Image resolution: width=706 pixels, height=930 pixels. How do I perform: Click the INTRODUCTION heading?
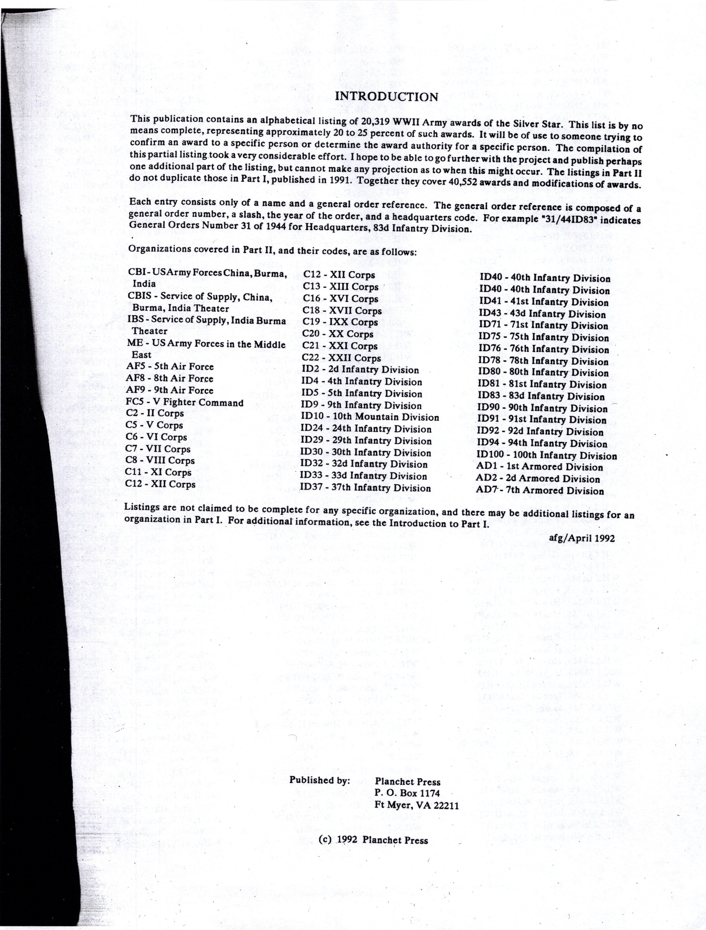pyautogui.click(x=386, y=97)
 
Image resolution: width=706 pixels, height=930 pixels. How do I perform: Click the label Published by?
pyautogui.click(x=319, y=780)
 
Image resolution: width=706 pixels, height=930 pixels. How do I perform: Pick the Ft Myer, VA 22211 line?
pyautogui.click(x=416, y=806)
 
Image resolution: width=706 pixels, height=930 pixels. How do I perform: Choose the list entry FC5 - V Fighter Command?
pyautogui.click(x=184, y=402)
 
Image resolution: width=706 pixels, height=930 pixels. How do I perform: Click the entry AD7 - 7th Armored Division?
pyautogui.click(x=539, y=491)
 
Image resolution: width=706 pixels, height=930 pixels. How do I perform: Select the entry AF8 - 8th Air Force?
pyautogui.click(x=169, y=378)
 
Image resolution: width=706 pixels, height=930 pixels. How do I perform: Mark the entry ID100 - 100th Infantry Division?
pyautogui.click(x=546, y=455)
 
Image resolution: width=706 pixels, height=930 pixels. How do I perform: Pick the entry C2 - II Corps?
pyautogui.click(x=154, y=413)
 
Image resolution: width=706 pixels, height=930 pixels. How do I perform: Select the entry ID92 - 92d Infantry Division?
pyautogui.click(x=540, y=432)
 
